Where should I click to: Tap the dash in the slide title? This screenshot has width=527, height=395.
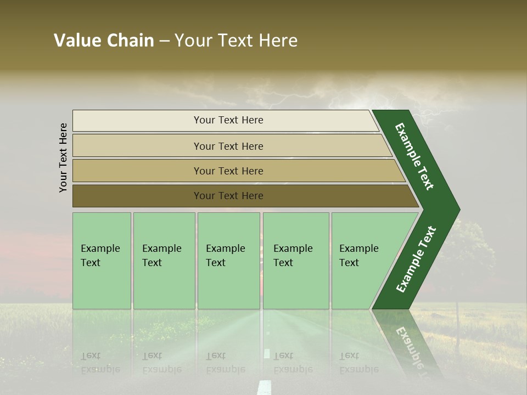click(164, 41)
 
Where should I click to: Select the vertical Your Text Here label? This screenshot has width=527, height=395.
click(63, 158)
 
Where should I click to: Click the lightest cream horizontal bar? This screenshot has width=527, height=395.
click(225, 120)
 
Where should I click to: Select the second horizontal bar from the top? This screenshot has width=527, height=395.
click(231, 146)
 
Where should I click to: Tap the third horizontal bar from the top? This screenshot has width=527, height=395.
click(236, 171)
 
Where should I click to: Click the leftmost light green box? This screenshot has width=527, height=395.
click(102, 261)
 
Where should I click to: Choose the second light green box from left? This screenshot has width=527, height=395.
click(164, 261)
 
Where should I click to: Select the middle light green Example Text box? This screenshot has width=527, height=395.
click(228, 261)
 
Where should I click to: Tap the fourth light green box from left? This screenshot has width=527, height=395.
click(296, 261)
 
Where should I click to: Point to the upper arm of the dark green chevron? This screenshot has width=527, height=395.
click(414, 156)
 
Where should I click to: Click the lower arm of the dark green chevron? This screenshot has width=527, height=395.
click(416, 259)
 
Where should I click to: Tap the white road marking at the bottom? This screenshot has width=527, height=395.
click(265, 387)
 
